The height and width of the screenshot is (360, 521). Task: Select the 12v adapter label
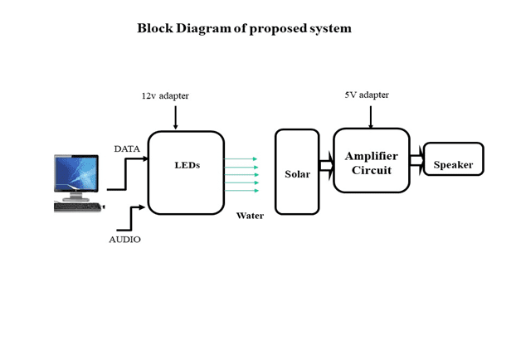165,96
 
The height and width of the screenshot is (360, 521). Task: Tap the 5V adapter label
367,95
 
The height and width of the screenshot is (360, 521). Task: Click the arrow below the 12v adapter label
175,117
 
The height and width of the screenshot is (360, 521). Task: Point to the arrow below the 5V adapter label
370,115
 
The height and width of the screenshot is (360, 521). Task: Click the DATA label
127,148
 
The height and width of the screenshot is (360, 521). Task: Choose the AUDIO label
124,240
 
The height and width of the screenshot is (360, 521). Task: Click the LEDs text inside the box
187,164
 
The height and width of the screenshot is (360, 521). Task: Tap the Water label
250,216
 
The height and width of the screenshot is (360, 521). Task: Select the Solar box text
297,174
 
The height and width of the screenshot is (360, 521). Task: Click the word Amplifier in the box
371,156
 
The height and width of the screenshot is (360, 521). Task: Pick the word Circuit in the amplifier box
371,170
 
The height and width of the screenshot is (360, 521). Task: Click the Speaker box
453,159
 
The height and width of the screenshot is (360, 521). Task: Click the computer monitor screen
79,174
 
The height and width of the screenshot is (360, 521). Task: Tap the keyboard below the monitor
77,207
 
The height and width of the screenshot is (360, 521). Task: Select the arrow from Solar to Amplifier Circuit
326,165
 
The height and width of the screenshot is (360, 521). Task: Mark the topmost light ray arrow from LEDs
241,158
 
